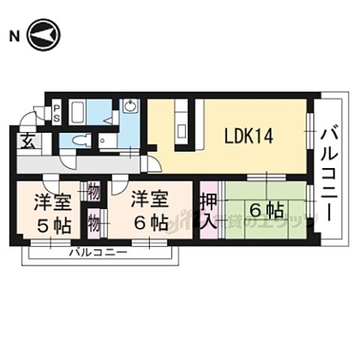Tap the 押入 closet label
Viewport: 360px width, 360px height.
[x=208, y=211]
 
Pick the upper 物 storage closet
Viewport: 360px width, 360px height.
[x=94, y=192]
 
